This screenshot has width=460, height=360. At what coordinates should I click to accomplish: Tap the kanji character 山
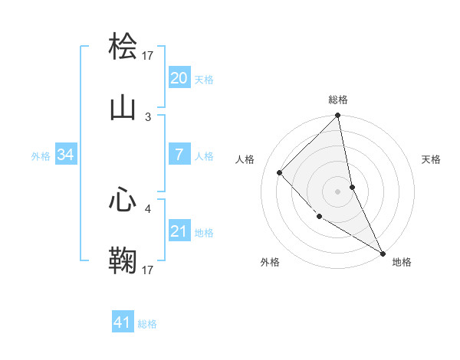[123, 107]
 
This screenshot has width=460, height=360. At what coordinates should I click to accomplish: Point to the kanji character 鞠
[123, 260]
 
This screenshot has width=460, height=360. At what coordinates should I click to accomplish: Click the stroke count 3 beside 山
[148, 116]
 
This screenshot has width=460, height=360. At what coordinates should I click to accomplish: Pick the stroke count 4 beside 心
[148, 208]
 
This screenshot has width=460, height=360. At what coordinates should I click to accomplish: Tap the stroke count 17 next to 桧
[148, 55]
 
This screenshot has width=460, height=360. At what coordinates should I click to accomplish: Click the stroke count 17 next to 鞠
[148, 270]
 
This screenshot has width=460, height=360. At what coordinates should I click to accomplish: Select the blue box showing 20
[179, 78]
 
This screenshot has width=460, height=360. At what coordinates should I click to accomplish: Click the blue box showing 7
[179, 155]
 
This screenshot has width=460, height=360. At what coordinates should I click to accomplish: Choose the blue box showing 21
[179, 231]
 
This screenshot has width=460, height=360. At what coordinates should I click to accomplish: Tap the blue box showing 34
[66, 155]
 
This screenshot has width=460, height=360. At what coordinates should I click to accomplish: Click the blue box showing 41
[123, 323]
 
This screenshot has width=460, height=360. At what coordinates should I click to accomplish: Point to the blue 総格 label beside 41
[147, 324]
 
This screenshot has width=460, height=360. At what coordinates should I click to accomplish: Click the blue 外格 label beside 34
[41, 155]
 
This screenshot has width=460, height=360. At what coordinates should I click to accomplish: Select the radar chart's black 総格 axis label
[338, 100]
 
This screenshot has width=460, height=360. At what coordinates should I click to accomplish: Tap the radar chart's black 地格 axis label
[402, 262]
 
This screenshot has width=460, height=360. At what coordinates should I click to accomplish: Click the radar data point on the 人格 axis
[280, 172]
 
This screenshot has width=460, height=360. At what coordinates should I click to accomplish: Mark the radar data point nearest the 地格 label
[383, 253]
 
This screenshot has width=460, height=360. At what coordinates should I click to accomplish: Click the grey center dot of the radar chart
[338, 191]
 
